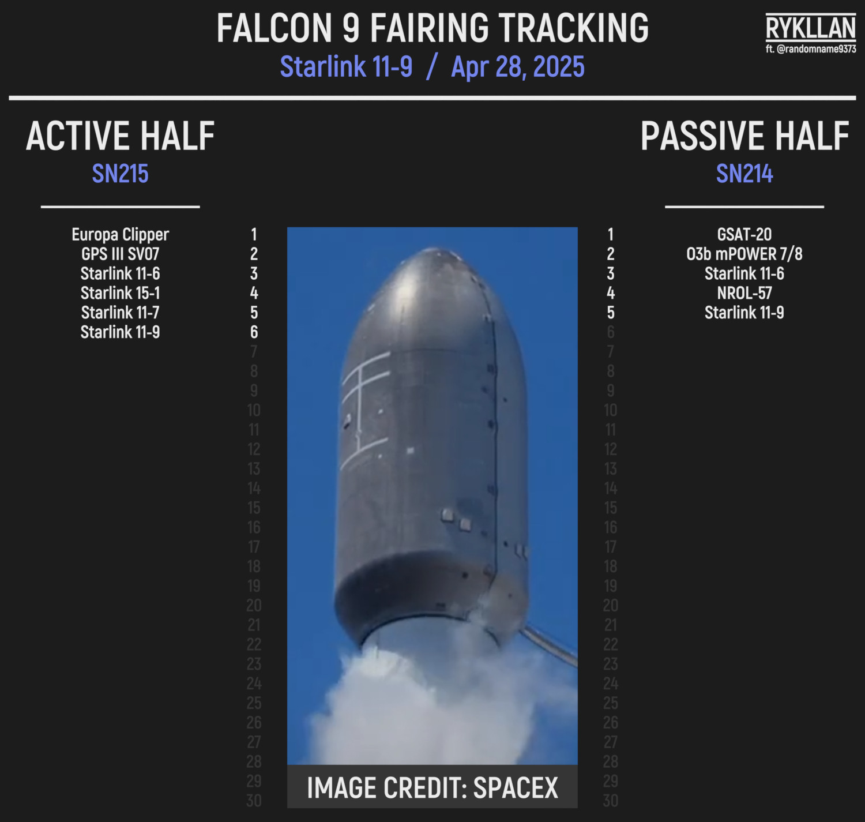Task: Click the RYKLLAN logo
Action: click(810, 28)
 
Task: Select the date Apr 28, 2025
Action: click(518, 67)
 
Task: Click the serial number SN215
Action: click(120, 174)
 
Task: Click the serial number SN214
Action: click(744, 174)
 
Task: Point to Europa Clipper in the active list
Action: click(120, 235)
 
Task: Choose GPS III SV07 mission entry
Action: click(120, 254)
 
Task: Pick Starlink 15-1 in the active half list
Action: click(120, 293)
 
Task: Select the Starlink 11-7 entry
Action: click(120, 313)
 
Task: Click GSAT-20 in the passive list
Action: click(744, 234)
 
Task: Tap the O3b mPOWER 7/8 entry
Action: click(744, 254)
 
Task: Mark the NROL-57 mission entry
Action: click(744, 293)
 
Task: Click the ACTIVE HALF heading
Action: click(120, 136)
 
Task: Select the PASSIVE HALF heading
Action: click(744, 136)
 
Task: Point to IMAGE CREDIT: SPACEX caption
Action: click(432, 787)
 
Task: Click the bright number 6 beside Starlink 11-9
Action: click(254, 332)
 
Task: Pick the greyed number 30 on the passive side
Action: click(611, 801)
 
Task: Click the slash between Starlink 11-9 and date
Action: click(432, 67)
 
